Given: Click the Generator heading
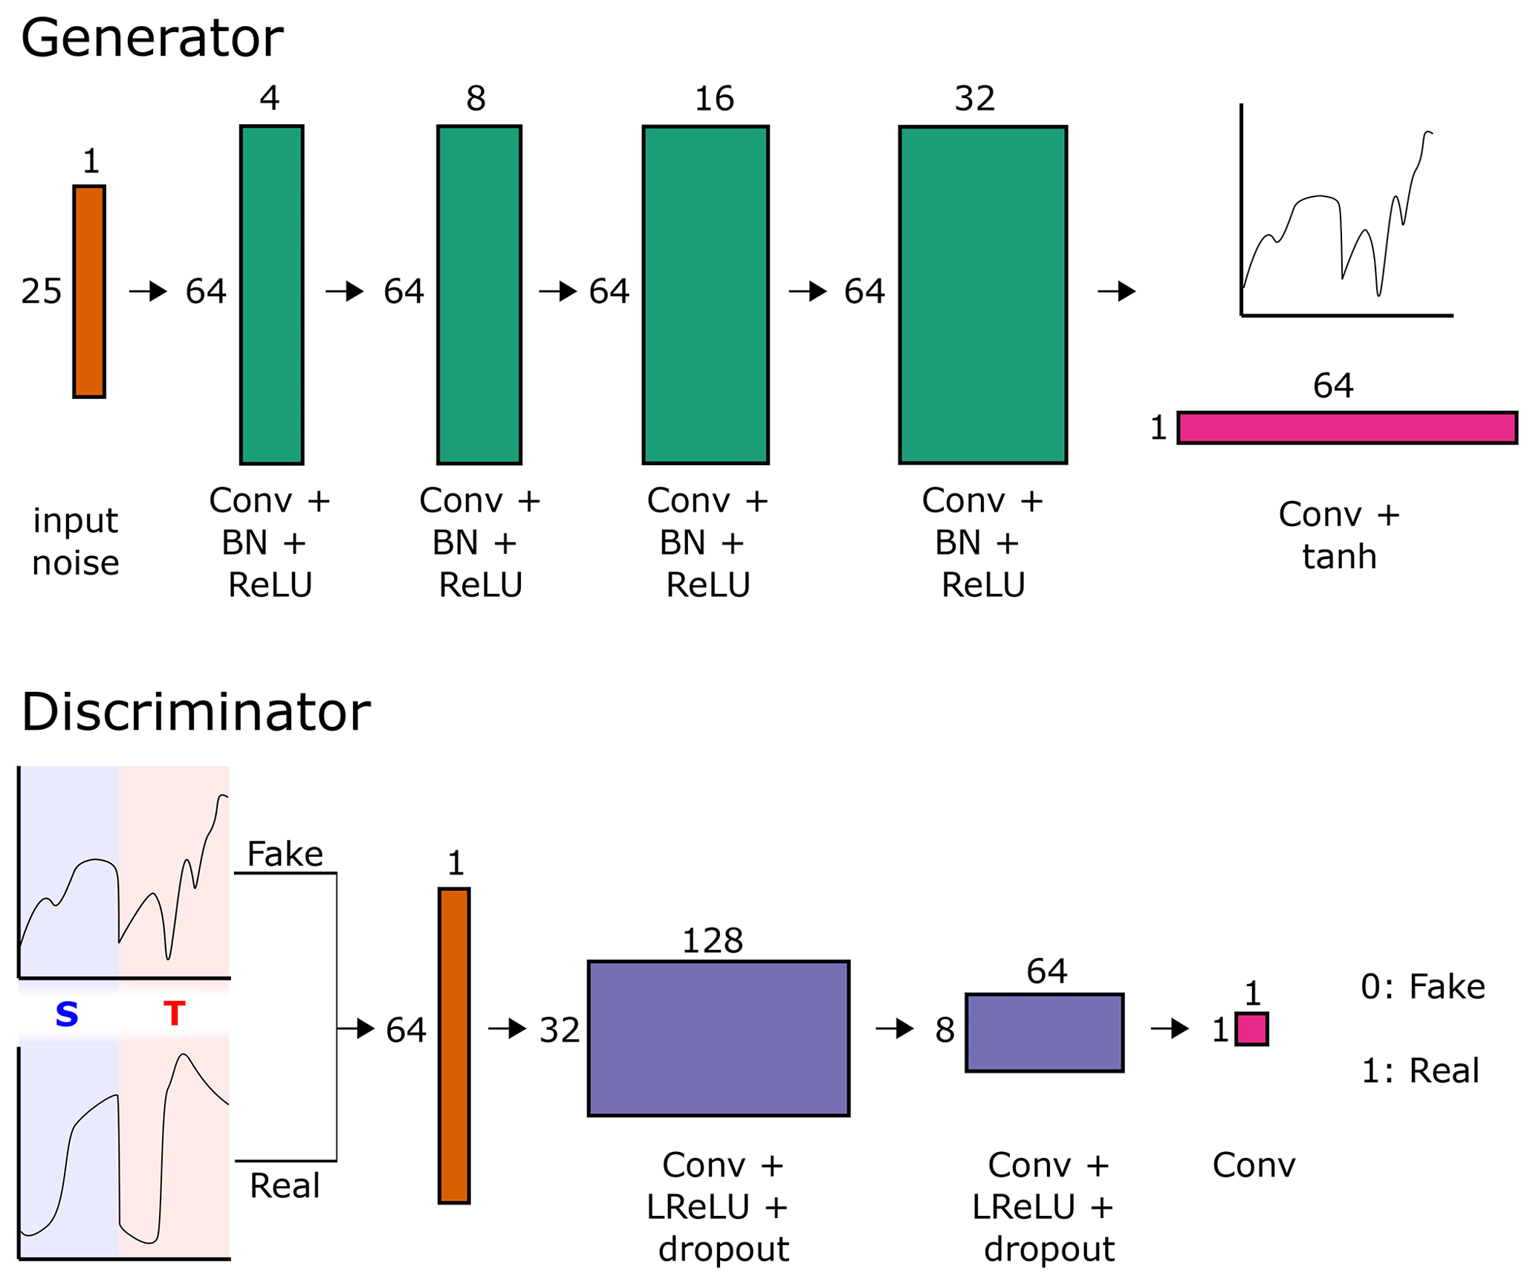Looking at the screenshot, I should click(152, 39).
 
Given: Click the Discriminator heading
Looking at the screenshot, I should click(195, 712).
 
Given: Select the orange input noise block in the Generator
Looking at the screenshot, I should click(89, 291).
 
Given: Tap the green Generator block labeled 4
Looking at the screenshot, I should click(272, 294).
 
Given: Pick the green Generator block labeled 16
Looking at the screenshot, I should click(705, 294).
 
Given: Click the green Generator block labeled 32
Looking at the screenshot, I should click(982, 294).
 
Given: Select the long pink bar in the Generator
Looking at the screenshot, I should click(1347, 427).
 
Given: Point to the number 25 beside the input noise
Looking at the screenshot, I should click(42, 291).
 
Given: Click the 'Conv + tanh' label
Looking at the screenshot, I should click(1339, 535).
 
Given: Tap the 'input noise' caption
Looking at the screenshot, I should click(76, 542).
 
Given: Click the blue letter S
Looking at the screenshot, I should click(67, 1014).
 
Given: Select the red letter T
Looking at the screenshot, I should click(174, 1014).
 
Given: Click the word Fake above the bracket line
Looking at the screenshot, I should click(285, 854).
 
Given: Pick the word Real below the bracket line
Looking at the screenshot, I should click(285, 1185).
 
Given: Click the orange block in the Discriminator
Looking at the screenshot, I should click(454, 1045).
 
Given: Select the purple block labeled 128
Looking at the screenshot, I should click(718, 1038).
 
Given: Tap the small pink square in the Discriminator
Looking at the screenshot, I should click(1251, 1029).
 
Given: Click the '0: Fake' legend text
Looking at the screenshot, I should click(1422, 987).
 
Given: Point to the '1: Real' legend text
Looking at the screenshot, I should click(1420, 1071).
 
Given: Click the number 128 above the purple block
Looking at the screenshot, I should click(712, 942).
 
